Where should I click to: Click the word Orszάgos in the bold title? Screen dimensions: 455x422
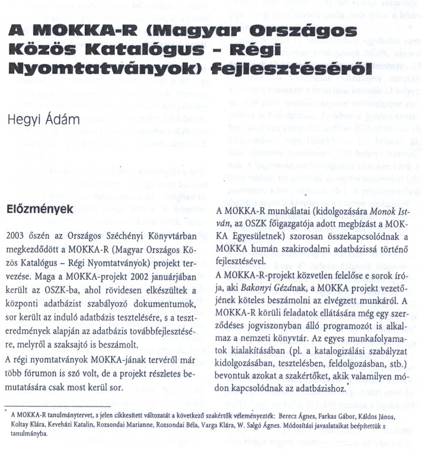click(305, 31)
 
